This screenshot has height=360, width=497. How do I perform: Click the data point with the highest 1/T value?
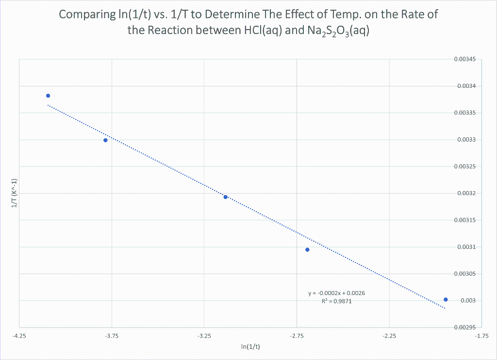[48, 96]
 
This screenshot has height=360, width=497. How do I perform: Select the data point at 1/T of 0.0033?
[105, 140]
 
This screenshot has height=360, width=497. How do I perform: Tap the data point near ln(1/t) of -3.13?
[226, 197]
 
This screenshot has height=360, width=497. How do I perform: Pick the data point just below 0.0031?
[307, 250]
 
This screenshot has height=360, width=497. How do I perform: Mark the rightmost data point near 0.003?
[446, 299]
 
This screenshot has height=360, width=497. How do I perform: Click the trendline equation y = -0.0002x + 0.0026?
[340, 294]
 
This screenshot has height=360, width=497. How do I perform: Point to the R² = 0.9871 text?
[336, 301]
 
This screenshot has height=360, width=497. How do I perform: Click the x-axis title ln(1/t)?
[250, 346]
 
